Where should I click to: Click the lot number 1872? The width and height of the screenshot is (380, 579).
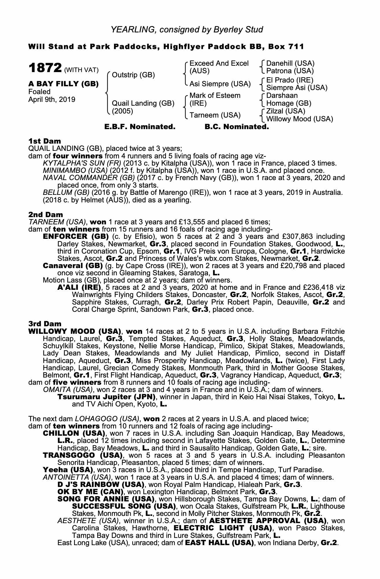pos(45,69)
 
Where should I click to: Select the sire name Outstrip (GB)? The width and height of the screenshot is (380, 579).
pos(133,75)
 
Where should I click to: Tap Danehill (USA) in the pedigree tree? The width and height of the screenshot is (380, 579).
pos(290,63)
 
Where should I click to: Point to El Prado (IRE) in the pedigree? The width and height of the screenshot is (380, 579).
pos(290,80)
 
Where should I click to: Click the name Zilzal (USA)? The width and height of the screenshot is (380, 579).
pos(286,111)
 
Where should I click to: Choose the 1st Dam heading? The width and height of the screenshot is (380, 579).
pos(45,141)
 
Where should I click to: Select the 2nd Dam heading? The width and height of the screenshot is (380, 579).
pos(45,215)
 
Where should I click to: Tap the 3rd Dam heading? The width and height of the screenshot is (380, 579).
pos(45,324)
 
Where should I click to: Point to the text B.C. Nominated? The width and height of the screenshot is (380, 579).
pos(237,127)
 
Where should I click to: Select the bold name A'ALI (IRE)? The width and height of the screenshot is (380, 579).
pos(79,288)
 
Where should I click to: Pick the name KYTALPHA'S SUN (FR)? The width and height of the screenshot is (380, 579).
pos(82,163)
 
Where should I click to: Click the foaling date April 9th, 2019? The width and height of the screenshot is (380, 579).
pos(52,100)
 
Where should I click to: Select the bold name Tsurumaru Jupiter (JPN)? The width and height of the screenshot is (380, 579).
pos(106,397)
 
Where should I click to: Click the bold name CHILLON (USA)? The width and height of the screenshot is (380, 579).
pos(74,433)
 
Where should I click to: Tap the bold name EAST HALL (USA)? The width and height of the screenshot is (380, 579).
pos(220,543)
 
